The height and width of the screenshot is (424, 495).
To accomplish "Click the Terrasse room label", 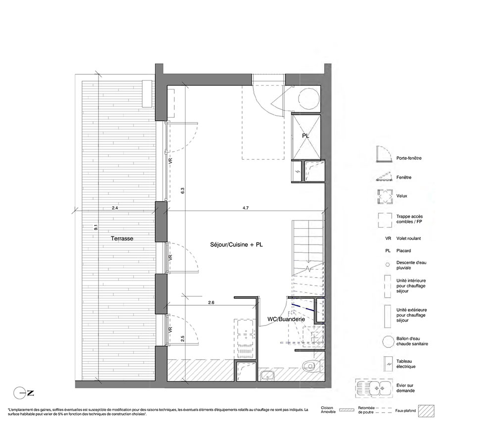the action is pos(122,238).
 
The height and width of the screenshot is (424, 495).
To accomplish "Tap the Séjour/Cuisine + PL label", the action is pos(237,244).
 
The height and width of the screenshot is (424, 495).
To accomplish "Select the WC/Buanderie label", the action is pos(286,319).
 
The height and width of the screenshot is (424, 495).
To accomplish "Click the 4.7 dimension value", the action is pos(246,208).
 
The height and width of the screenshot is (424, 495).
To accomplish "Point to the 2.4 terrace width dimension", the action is pos(115,208).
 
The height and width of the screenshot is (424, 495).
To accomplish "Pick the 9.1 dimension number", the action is pos(96,227).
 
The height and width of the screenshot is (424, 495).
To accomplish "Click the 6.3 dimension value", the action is pos(183,190).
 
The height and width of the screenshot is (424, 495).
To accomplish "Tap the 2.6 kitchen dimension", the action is pos(211,302).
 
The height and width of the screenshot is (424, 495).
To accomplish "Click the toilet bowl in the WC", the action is pos(309,366).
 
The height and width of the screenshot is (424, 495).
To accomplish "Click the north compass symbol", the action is pos(23,393).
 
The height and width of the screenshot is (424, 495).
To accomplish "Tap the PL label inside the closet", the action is pos(305,136).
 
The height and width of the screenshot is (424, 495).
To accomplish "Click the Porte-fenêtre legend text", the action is pos(409,158).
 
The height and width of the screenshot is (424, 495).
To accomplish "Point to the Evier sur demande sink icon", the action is pos(374,388).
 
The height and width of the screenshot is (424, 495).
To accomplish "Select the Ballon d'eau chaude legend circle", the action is pos(388,341).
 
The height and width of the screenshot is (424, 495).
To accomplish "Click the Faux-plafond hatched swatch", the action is pos(426,411).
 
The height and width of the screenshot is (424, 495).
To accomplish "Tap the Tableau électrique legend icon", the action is pos(388,364).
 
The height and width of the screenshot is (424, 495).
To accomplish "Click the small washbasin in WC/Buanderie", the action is pos(268,376).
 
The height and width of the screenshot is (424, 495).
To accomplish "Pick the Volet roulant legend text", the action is pos(408,238).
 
